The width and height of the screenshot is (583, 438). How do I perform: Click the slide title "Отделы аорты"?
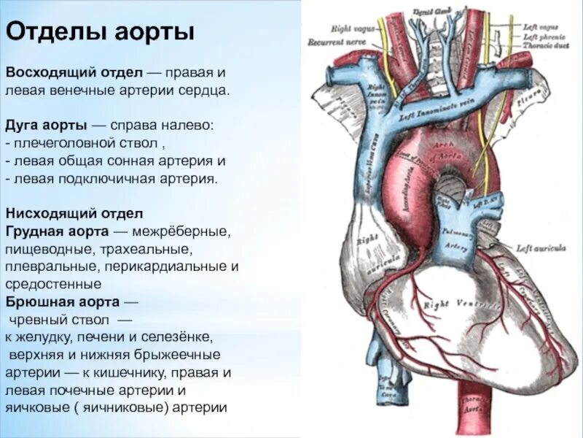[x=100, y=32]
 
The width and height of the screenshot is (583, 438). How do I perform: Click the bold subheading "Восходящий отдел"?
[x=74, y=74]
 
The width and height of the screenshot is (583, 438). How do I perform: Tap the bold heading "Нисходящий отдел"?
[x=74, y=214]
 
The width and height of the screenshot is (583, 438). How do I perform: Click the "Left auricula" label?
[x=540, y=248]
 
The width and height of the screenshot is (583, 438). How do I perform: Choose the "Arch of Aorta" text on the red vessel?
[x=443, y=150]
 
